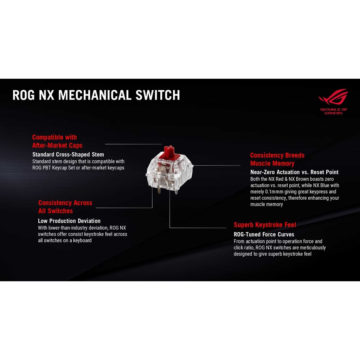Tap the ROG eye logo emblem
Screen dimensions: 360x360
click(x=333, y=98)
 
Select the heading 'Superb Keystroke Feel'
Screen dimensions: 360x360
click(x=265, y=225)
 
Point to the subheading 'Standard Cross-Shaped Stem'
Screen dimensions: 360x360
click(x=68, y=154)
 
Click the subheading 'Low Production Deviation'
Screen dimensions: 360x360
click(x=69, y=221)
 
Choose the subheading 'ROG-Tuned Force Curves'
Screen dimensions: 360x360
click(x=264, y=234)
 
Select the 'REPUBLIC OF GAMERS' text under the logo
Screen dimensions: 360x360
click(x=334, y=111)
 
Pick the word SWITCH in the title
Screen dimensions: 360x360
click(x=160, y=95)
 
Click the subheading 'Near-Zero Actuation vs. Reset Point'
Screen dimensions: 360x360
click(x=294, y=172)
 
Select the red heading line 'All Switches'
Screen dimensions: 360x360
click(x=56, y=211)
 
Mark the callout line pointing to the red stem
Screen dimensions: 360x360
click(x=134, y=144)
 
